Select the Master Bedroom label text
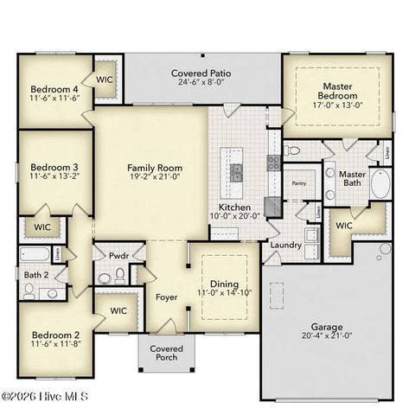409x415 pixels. [x=336, y=92]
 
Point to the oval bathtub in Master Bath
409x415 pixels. [x=380, y=184]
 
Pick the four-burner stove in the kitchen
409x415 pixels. [x=273, y=163]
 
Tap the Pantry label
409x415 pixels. [x=299, y=183]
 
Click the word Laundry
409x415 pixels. [x=286, y=245]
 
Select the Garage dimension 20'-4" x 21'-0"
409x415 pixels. [x=327, y=337]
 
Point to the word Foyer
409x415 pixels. [x=166, y=297]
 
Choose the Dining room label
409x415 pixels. [x=225, y=284]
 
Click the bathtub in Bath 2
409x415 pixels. [x=36, y=254]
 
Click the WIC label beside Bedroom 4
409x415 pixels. [x=105, y=80]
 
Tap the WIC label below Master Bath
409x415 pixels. [x=343, y=226]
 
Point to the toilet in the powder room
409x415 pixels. [x=104, y=277]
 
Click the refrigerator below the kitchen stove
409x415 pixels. [x=272, y=206]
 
